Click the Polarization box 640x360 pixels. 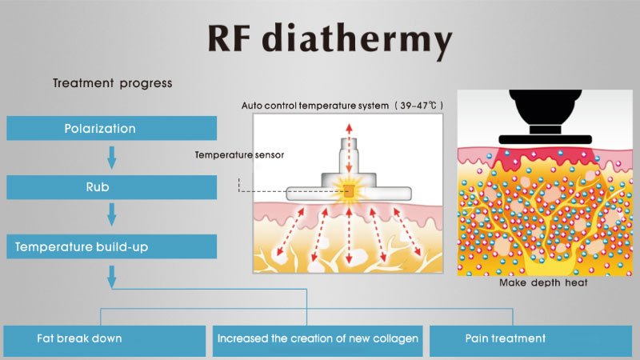[x=111, y=129]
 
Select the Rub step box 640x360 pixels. [x=111, y=188]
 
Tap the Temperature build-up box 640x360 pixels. [x=111, y=247]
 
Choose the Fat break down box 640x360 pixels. [x=104, y=339]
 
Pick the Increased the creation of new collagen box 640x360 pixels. [x=318, y=339]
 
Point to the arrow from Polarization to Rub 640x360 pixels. [x=112, y=158]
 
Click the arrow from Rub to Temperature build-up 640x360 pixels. [x=112, y=216]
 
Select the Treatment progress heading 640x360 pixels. [x=112, y=83]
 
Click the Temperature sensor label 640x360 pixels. [x=239, y=154]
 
